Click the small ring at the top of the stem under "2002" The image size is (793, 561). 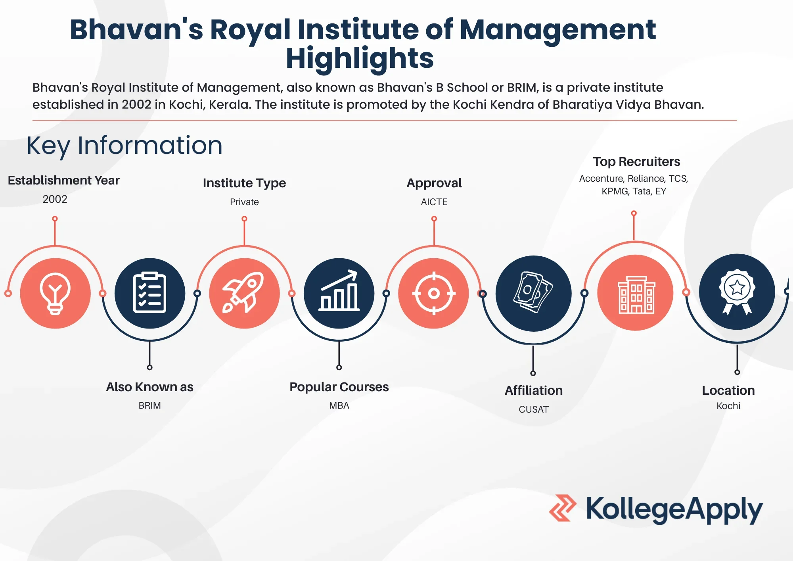point(55,219)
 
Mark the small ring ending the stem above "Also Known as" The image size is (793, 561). point(149,367)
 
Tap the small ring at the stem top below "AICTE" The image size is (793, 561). point(434,219)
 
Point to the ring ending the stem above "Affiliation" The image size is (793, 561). point(533,373)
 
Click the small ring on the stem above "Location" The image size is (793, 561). point(737,372)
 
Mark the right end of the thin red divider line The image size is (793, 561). point(737,120)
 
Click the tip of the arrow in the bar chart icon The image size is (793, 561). point(356,271)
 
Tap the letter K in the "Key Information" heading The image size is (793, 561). point(34,146)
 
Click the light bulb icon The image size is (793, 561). point(55,294)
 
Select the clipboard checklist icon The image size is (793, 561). point(149,292)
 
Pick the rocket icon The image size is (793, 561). point(243,292)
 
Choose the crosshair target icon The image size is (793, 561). point(434,294)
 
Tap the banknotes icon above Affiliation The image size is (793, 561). point(533,292)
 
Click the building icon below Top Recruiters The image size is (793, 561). point(636,295)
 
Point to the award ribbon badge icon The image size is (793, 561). point(737,292)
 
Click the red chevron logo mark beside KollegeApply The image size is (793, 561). point(563,508)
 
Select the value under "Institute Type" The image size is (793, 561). point(244,202)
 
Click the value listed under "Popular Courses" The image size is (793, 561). point(339,405)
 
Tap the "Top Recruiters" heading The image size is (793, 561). point(636,161)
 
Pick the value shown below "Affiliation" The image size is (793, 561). point(534,409)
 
